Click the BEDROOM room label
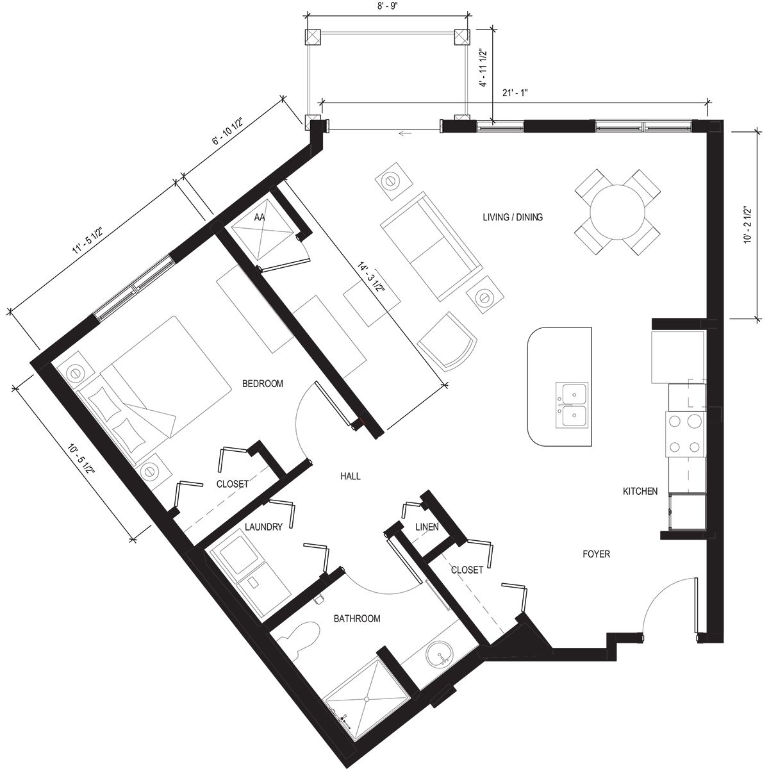pos(262,384)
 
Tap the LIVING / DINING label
pos(512,217)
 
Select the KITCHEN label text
pos(640,492)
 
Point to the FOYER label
pos(595,554)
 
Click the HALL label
pos(350,476)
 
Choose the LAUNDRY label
pos(263,527)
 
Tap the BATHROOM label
pos(357,618)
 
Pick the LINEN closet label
pos(426,527)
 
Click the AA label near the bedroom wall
pos(260,218)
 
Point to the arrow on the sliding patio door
pos(404,134)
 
